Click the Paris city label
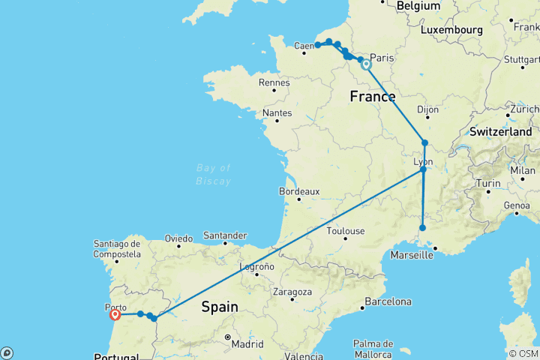(x=382, y=58)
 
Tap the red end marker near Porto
(x=115, y=315)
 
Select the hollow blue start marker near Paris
(x=366, y=64)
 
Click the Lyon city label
(x=423, y=161)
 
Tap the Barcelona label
(x=387, y=302)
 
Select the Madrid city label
(x=247, y=344)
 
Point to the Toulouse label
(x=346, y=231)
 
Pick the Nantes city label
(x=277, y=113)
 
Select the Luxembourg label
(x=450, y=30)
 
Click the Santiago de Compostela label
(x=118, y=248)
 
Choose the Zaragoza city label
(x=292, y=291)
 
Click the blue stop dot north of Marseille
(x=423, y=228)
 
